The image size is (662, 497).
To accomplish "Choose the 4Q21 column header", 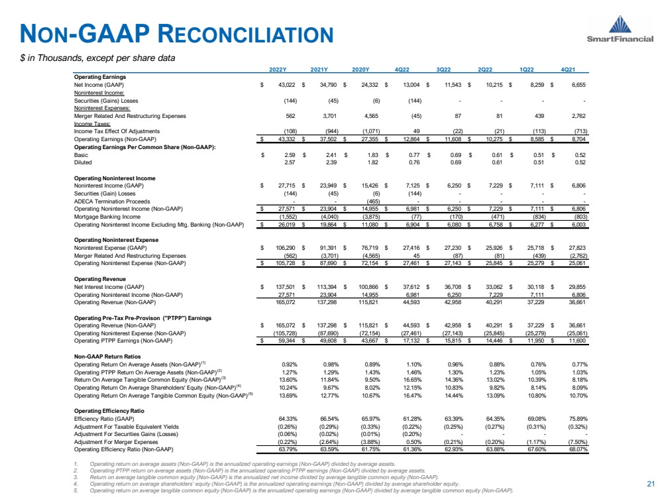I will click(571, 70).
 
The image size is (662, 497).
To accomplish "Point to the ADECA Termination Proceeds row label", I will click(109, 201).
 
